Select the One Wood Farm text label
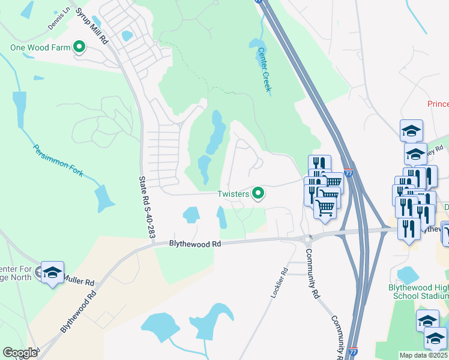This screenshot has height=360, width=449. (39, 47)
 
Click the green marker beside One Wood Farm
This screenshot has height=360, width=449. (79, 47)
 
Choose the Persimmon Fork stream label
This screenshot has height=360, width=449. (58, 161)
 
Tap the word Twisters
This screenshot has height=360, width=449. (234, 193)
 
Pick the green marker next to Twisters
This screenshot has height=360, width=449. (259, 193)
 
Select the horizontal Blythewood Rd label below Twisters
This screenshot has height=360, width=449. (195, 244)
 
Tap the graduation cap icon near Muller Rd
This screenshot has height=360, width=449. (52, 272)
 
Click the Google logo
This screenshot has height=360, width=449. (20, 353)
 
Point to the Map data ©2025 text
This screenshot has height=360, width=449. (423, 355)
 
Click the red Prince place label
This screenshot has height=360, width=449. (438, 104)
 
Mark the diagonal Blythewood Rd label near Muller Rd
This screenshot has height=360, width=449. (78, 312)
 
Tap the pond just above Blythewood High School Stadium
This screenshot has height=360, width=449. (409, 275)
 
